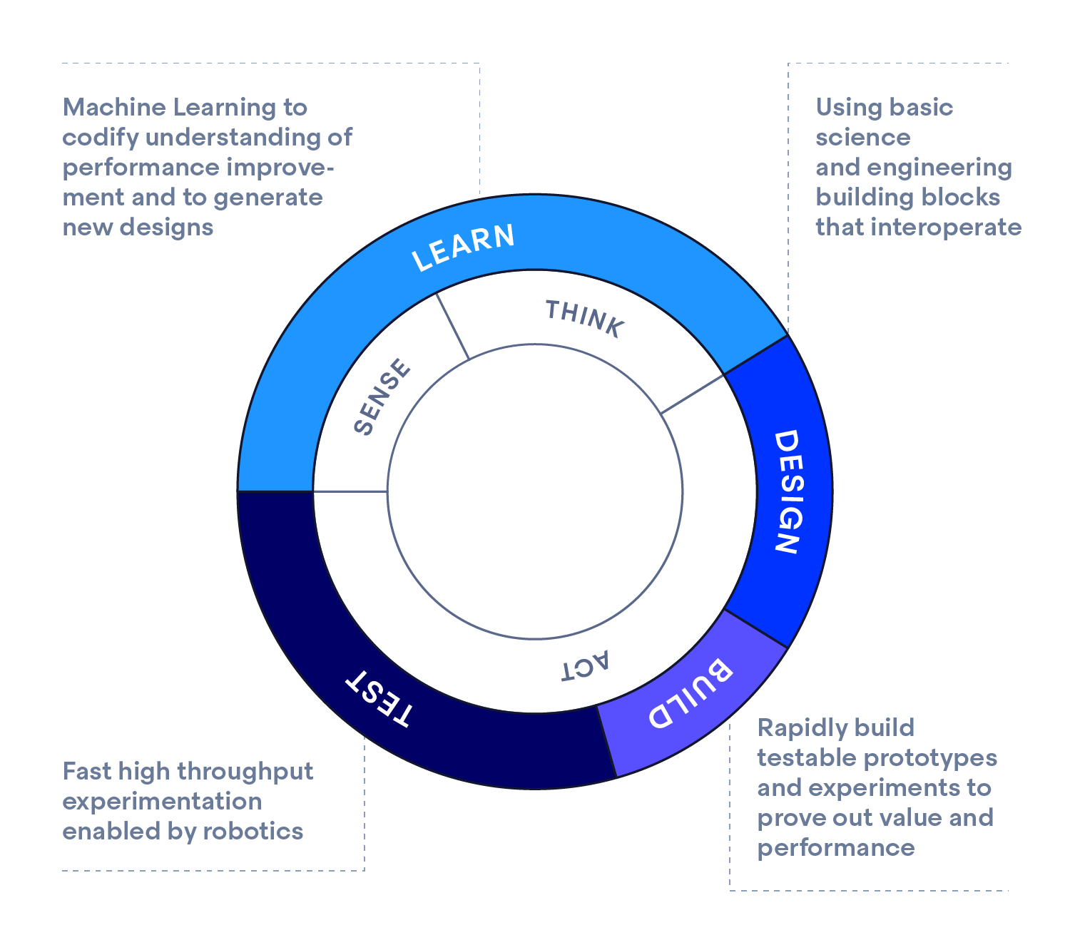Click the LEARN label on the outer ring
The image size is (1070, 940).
[x=463, y=247]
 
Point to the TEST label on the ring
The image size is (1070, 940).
[x=379, y=699]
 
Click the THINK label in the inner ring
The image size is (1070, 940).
[x=585, y=318]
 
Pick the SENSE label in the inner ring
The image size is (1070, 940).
[x=382, y=397]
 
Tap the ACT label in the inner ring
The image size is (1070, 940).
[x=585, y=666]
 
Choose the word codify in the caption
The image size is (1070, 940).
[x=100, y=138]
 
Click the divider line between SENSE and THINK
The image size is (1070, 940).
[x=452, y=326]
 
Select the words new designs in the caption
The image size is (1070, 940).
[x=138, y=228]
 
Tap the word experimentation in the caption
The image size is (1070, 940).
[x=162, y=802]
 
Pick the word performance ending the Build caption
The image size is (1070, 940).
[x=835, y=848]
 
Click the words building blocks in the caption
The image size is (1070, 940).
[x=907, y=198]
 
